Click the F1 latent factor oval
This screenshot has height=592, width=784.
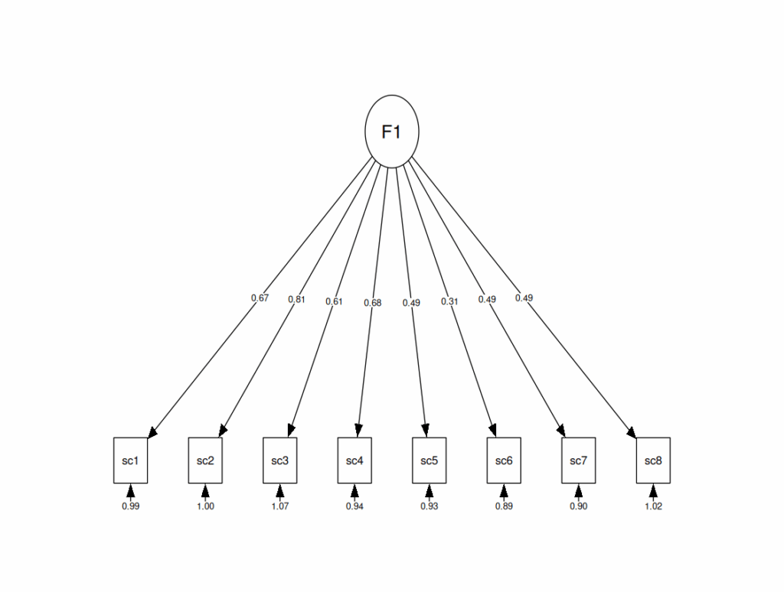coord(392,131)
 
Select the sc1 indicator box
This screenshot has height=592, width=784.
coord(130,460)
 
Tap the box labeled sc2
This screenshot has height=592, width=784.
coord(205,460)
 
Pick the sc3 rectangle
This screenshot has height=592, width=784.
coord(279,460)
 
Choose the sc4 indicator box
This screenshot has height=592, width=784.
coord(354,460)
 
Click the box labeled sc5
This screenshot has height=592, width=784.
coord(429,460)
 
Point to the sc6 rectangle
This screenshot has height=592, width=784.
coord(504,460)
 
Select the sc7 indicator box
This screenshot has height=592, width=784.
coord(578,460)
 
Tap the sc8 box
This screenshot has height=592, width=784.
coord(653,460)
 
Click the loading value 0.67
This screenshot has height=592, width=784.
coord(260,298)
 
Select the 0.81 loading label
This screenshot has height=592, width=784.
coord(296,299)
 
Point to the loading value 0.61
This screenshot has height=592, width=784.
coord(334,301)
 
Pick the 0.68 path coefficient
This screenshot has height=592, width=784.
coord(373,302)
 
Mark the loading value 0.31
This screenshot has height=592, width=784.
coord(449,301)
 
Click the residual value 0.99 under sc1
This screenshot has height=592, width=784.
coord(130,506)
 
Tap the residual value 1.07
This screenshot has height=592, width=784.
coord(279,506)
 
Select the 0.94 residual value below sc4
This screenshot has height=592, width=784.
coord(354,506)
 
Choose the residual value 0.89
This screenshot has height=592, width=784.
coord(504,506)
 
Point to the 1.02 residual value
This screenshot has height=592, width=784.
coord(653,506)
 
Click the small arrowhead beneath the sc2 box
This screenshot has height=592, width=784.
coord(205,490)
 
